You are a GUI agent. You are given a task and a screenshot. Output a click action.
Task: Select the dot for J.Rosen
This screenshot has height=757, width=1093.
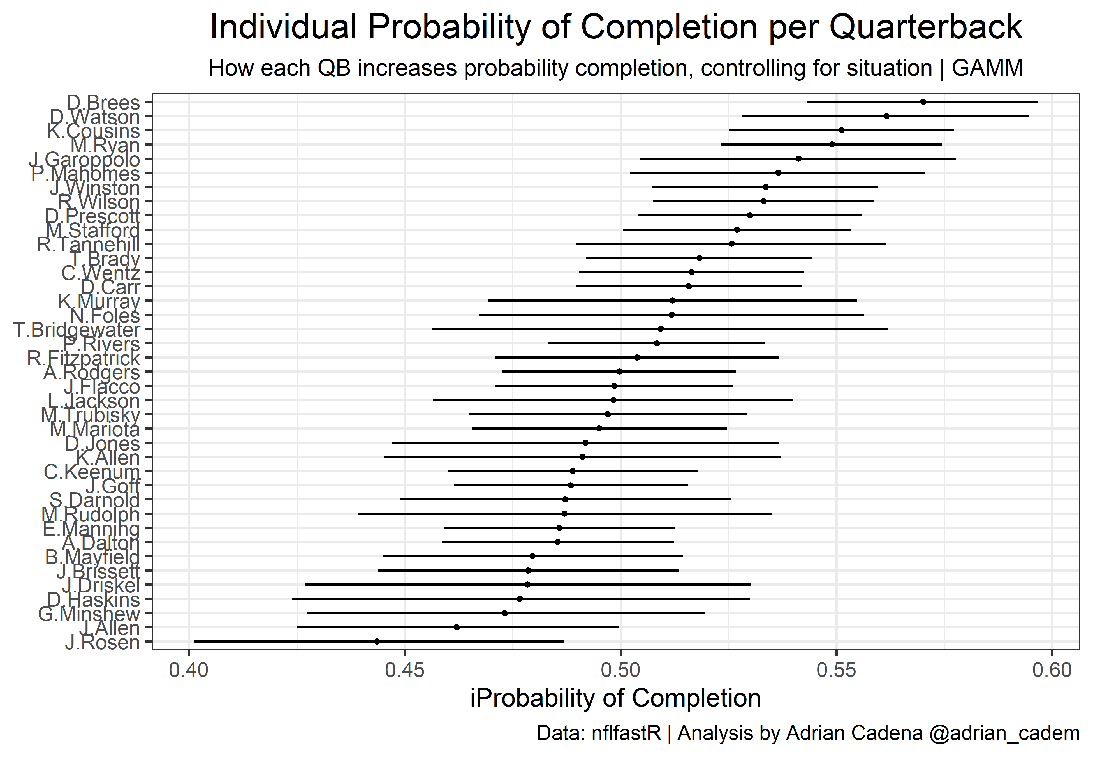[377, 641]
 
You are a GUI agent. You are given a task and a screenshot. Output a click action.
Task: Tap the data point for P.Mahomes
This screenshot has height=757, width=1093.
[778, 173]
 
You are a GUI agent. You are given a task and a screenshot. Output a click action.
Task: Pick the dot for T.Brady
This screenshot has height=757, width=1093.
[700, 258]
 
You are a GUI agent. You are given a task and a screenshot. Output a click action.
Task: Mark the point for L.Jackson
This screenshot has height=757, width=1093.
[613, 400]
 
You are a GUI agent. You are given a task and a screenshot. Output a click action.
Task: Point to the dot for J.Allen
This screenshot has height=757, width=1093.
[457, 627]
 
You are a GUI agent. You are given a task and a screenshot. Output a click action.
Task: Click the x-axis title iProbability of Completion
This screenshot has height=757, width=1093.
[615, 698]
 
